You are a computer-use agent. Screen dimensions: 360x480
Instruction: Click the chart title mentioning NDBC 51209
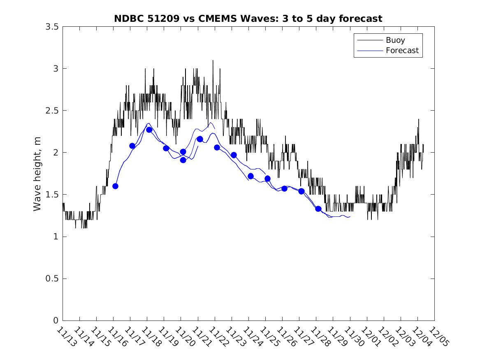point(248,19)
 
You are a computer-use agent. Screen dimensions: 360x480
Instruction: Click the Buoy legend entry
point(395,40)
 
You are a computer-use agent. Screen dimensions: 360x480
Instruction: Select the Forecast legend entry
point(402,51)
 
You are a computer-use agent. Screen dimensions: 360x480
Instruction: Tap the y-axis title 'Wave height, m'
point(37,174)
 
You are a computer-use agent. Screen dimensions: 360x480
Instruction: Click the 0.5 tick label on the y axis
point(52,279)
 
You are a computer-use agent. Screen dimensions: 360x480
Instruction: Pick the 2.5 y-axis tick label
point(52,111)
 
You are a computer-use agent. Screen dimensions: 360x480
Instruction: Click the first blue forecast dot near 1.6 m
point(115,186)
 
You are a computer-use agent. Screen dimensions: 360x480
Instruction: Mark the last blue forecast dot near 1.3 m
point(318,209)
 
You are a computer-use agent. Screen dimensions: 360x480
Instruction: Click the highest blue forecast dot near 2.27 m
point(149,130)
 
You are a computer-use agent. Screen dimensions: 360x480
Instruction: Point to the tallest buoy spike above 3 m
point(213,61)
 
